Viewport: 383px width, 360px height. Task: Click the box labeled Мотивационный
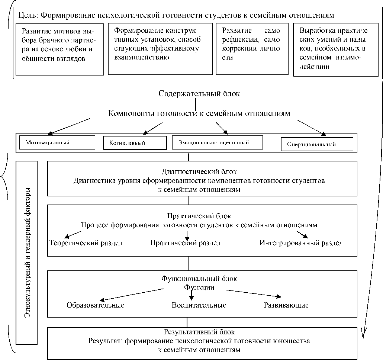click(x=56, y=142)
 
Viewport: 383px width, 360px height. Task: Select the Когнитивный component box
click(x=134, y=142)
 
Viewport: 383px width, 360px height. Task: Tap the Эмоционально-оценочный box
click(x=218, y=142)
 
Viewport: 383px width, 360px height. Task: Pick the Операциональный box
click(x=317, y=144)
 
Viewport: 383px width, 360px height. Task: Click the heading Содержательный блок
click(x=199, y=94)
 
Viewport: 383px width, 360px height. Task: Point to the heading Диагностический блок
click(x=199, y=172)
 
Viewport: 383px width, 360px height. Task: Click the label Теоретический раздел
click(x=86, y=243)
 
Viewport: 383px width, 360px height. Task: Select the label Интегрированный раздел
click(x=301, y=243)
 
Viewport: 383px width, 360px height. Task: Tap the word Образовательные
click(x=96, y=305)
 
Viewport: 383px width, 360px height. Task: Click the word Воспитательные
click(x=199, y=305)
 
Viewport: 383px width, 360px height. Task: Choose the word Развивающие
click(x=286, y=305)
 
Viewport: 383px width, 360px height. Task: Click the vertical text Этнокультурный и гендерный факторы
click(x=27, y=253)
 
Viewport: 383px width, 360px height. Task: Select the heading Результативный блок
click(x=199, y=332)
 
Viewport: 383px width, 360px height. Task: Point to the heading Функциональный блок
click(x=199, y=278)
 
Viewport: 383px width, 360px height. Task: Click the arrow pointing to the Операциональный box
click(x=311, y=126)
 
